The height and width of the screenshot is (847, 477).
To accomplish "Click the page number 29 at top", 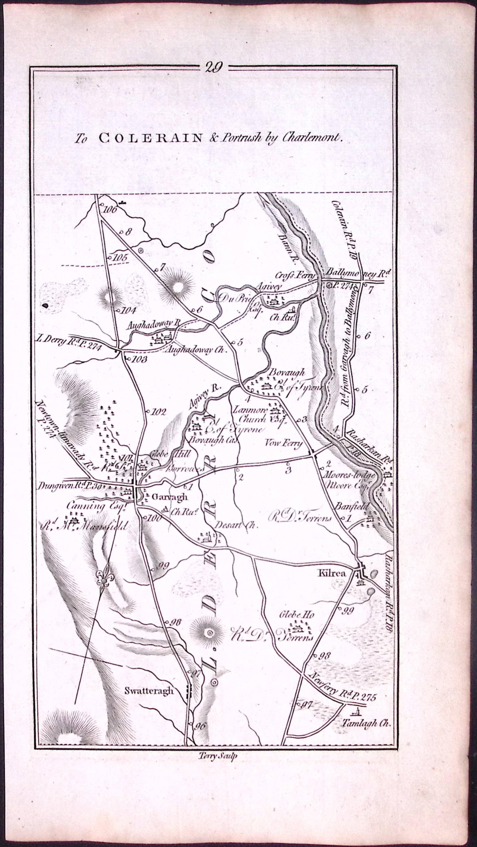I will pyautogui.click(x=214, y=67).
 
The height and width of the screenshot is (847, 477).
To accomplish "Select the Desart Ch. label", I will pyautogui.click(x=236, y=525).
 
